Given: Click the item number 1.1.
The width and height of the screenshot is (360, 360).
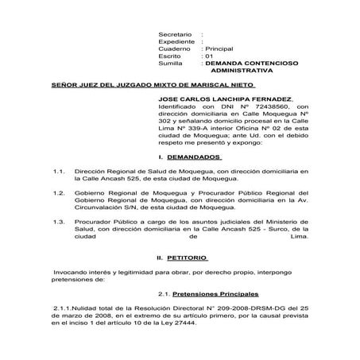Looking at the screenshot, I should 58,172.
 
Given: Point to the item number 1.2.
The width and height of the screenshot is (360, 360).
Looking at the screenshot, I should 58,193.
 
